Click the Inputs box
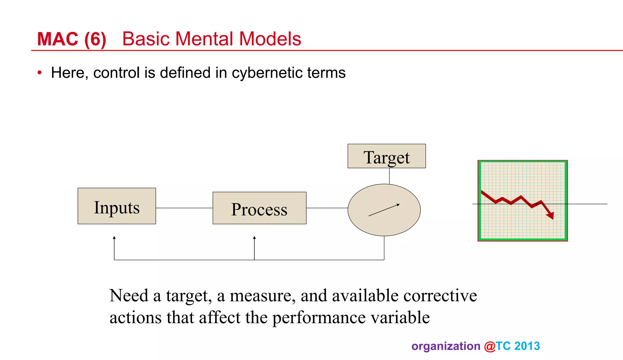(x=117, y=206)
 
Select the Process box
(x=259, y=208)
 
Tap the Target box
(x=386, y=156)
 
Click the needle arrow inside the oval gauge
(x=384, y=210)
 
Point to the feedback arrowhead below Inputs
(x=114, y=238)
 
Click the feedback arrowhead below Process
(x=254, y=238)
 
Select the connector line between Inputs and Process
(x=184, y=208)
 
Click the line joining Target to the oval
(x=389, y=176)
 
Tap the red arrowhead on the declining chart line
(x=551, y=216)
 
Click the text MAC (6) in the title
(x=71, y=39)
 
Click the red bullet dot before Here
(x=40, y=73)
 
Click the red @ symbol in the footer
(x=490, y=346)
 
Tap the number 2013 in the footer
(x=527, y=346)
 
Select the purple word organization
(x=446, y=346)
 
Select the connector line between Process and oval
(x=327, y=208)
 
